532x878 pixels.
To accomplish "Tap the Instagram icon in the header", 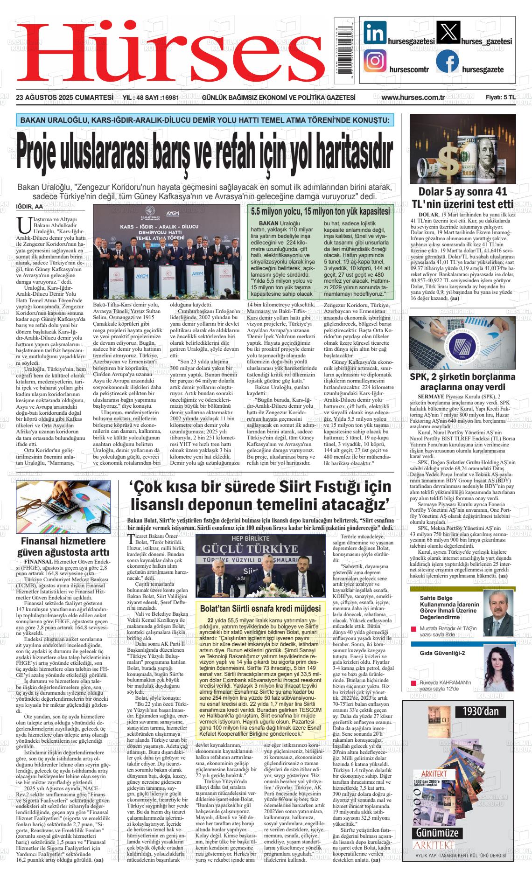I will (x=375, y=61).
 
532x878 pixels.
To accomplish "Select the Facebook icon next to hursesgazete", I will (x=447, y=61).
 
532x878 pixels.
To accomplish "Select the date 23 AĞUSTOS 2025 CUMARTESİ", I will (x=65, y=98).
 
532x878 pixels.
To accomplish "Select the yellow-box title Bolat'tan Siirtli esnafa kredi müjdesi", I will (x=260, y=609).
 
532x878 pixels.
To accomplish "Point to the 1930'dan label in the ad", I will (x=481, y=711).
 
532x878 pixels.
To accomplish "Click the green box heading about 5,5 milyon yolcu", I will (x=320, y=212).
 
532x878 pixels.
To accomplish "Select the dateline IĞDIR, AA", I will (x=29, y=207).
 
